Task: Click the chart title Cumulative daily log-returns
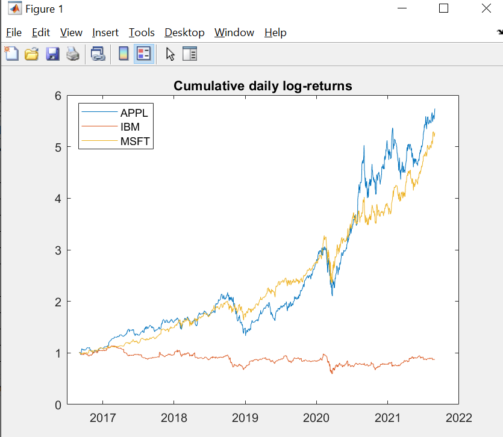pos(263,86)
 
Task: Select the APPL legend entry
pos(134,113)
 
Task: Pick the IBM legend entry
pos(130,127)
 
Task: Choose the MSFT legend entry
pos(135,141)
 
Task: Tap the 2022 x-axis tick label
pos(458,418)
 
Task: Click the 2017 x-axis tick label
pos(102,418)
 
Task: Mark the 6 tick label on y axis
pos(58,95)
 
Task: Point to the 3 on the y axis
pos(58,250)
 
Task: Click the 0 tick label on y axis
pos(58,404)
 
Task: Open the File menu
pos(13,33)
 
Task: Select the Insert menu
pos(105,33)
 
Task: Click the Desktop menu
pos(184,33)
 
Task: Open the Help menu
pos(275,33)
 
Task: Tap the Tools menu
pos(142,33)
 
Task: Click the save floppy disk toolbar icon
pos(52,54)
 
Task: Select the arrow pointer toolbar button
pos(170,54)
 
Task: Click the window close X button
pos(487,8)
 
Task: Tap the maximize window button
pos(443,8)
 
